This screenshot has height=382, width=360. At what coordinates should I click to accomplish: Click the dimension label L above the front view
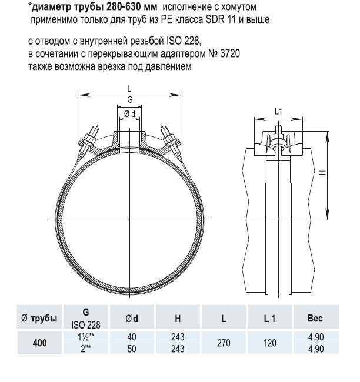point(129,88)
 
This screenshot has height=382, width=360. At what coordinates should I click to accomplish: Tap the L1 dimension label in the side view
point(279,112)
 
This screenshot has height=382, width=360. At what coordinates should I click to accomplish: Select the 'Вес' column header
point(316,319)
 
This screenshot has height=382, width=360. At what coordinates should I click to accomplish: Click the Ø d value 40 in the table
point(132,336)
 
